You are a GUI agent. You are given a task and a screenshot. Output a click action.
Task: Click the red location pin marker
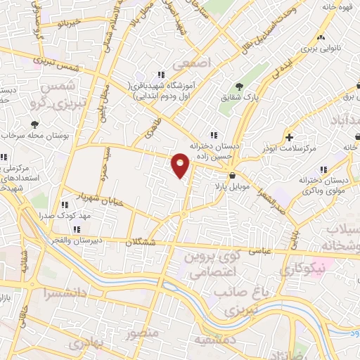pos(181,165)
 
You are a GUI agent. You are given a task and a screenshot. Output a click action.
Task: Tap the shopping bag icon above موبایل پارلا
pos(232,176)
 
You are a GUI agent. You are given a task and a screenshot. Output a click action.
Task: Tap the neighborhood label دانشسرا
pos(65,292)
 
